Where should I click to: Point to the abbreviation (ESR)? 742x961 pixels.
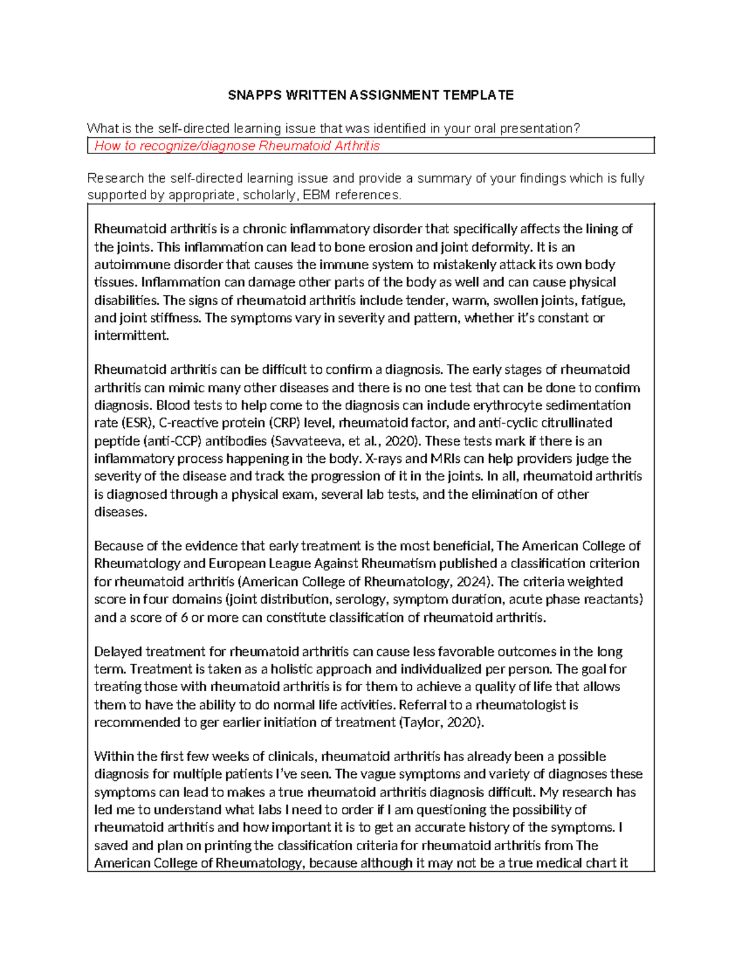click(x=139, y=423)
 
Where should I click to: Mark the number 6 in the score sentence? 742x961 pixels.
click(x=184, y=618)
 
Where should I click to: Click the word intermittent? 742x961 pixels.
click(x=130, y=336)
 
